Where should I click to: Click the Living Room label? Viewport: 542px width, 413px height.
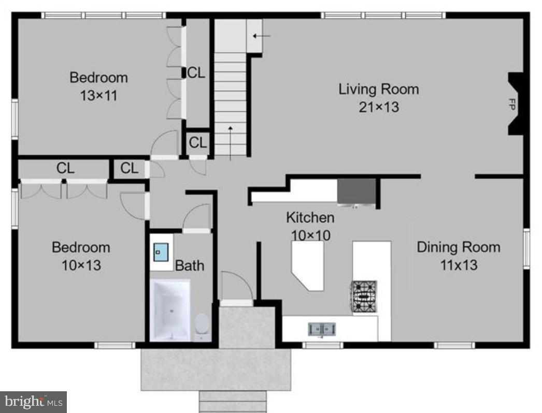378,89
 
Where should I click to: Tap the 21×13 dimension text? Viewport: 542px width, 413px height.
378,107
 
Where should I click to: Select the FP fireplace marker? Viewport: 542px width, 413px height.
512,104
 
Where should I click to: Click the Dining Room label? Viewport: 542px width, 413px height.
459,247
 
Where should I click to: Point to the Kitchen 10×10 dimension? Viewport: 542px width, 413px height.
310,235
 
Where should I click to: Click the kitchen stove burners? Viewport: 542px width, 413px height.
365,297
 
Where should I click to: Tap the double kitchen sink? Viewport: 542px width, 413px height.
322,329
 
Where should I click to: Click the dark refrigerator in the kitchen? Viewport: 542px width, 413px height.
356,191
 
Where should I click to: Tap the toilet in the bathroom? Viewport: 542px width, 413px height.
202,325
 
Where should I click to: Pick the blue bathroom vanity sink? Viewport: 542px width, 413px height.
160,254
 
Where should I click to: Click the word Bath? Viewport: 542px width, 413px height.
189,265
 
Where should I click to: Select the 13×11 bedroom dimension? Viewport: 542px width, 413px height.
98,96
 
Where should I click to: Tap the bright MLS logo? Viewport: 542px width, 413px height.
33,401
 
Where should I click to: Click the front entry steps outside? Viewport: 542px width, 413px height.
233,401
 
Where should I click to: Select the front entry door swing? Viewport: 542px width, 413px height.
236,286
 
